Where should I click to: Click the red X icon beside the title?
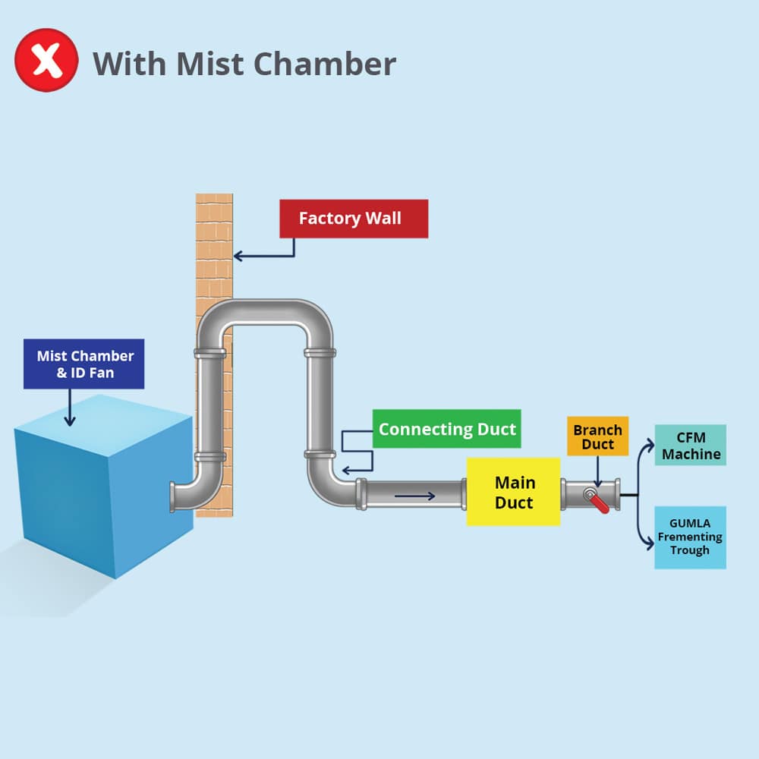pos(47,61)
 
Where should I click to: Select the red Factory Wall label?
pos(354,219)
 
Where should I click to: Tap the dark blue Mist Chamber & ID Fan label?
pos(83,364)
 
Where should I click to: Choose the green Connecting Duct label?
pos(447,429)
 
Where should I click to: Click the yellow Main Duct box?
pos(514,492)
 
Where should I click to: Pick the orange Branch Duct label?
pos(597,436)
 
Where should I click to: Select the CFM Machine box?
pos(690,446)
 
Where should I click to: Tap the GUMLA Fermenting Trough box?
pos(690,537)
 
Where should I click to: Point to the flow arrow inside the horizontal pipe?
pos(414,496)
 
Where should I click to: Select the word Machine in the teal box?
pos(690,454)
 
